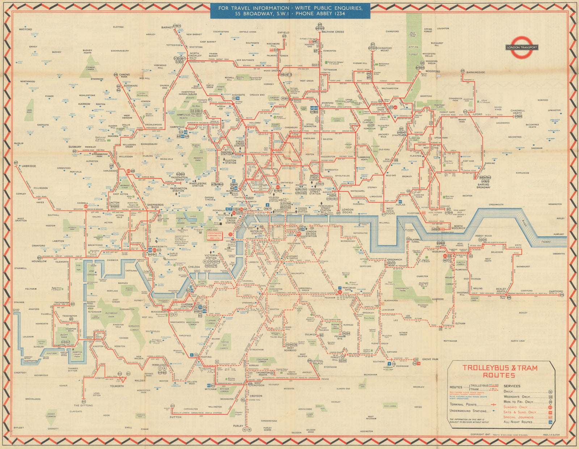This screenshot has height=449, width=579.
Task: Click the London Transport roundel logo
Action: (x=521, y=47)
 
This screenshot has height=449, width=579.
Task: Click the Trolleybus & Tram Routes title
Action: (x=500, y=371)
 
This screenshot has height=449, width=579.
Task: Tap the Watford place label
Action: (x=25, y=29)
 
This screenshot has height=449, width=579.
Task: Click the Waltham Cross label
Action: (x=333, y=32)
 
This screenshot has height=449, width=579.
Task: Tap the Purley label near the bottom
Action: (x=238, y=426)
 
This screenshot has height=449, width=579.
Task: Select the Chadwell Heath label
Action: (x=518, y=112)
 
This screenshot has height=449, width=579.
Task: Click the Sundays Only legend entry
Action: (x=515, y=407)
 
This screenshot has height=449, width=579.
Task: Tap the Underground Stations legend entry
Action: (x=468, y=411)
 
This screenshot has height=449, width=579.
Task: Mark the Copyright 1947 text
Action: (x=480, y=434)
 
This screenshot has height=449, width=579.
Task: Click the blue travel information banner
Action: (x=290, y=11)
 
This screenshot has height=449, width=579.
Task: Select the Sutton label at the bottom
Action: (x=176, y=417)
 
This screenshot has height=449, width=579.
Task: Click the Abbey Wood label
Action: (x=483, y=236)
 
